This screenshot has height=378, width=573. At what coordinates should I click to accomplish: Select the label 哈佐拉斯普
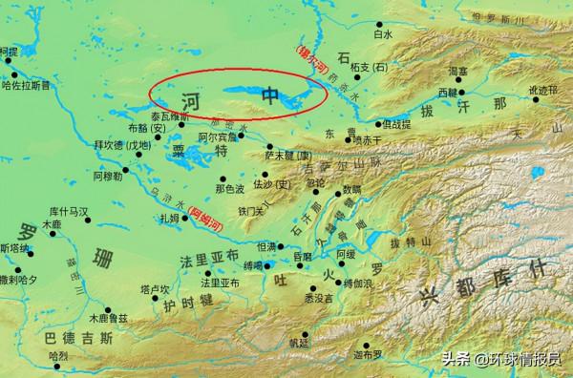28,84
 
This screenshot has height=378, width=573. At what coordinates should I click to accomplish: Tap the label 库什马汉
68,210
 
